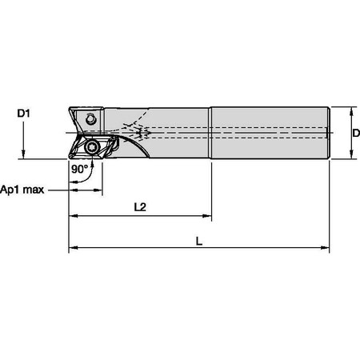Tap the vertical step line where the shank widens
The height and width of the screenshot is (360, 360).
click(x=211, y=132)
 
